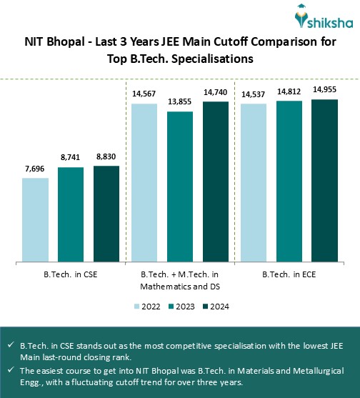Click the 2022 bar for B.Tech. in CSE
[x=36, y=219]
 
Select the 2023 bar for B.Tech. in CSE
[x=71, y=214]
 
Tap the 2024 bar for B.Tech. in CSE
[x=106, y=214]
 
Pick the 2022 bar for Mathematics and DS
[x=144, y=182]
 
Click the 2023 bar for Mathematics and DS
[x=180, y=186]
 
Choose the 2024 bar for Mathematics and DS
[x=216, y=181]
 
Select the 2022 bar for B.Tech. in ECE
[x=254, y=182]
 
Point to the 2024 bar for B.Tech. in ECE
[x=325, y=180]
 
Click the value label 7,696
[x=36, y=169]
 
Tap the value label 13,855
[x=180, y=103]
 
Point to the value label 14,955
[x=325, y=91]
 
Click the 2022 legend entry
[x=148, y=307]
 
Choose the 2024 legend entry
[x=213, y=307]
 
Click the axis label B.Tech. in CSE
[x=71, y=274]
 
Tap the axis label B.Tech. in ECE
[x=289, y=274]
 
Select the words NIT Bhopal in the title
[x=52, y=43]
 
